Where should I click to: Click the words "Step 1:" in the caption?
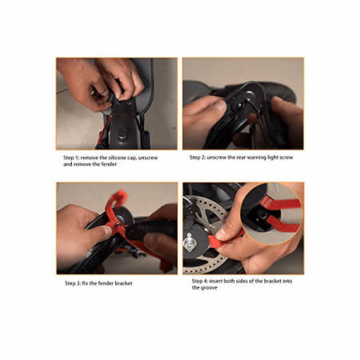71,158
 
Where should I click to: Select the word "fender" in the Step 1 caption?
109,164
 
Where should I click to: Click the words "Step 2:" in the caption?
198,158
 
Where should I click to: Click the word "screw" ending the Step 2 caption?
286,158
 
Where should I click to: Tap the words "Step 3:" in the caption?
73,283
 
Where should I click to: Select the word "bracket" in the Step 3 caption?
123,283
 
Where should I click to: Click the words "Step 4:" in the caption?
200,281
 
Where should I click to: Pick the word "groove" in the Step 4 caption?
209,288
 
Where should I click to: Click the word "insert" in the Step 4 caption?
216,281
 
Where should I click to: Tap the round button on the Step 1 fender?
122,133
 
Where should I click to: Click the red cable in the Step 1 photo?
103,130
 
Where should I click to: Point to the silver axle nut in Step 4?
190,242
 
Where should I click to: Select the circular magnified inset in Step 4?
271,214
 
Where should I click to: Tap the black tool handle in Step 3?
152,230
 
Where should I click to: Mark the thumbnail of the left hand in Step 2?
220,106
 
